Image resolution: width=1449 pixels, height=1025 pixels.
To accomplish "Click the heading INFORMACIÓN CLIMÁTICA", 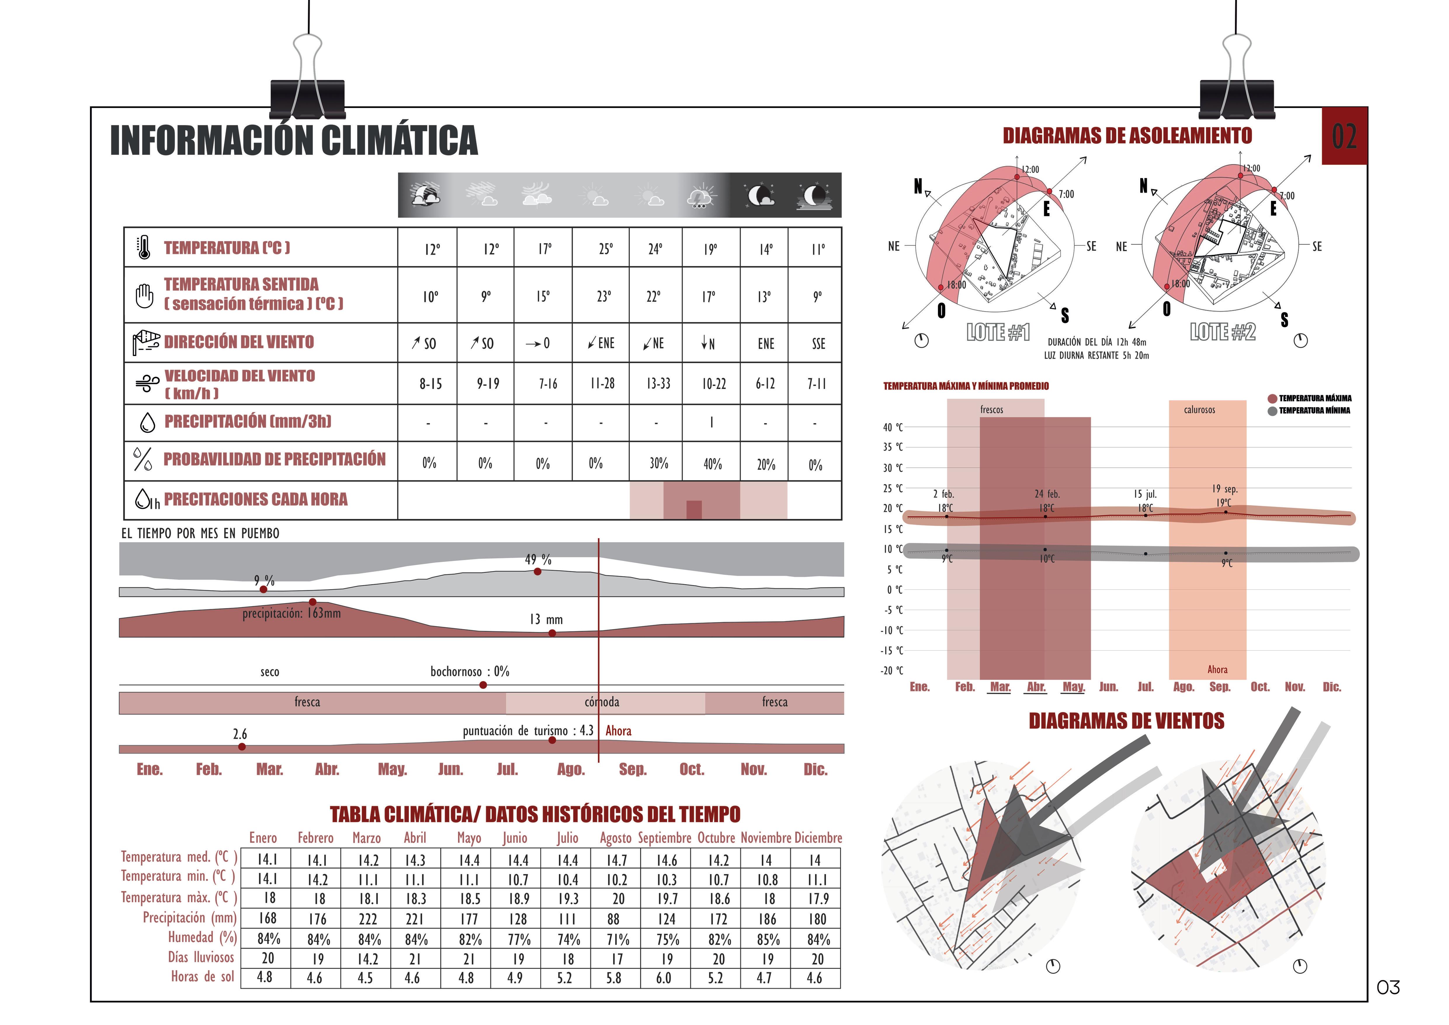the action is tap(294, 140).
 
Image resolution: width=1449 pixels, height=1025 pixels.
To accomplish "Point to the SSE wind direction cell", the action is tap(818, 343).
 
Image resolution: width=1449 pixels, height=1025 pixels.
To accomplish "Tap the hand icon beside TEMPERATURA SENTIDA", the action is tap(145, 295).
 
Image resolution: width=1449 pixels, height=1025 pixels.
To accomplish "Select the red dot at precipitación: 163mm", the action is tap(313, 602).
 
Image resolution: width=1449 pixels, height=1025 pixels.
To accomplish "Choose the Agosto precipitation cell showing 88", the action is tap(615, 919).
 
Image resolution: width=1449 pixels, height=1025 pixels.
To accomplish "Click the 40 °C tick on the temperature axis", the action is tap(892, 427).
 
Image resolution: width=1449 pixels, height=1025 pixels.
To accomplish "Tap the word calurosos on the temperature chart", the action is tap(1199, 410).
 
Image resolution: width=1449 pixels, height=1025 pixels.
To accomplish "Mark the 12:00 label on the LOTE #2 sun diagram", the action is tap(1252, 169).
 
